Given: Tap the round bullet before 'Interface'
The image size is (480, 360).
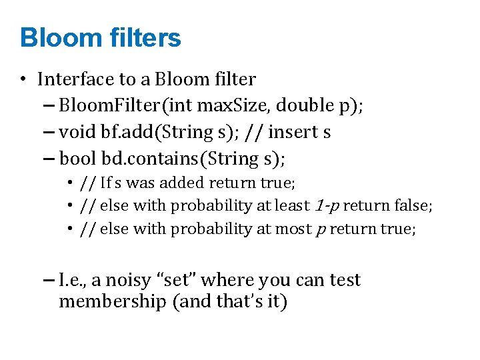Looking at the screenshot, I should (x=23, y=80).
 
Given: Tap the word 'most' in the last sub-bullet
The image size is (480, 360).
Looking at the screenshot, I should (x=295, y=229).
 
